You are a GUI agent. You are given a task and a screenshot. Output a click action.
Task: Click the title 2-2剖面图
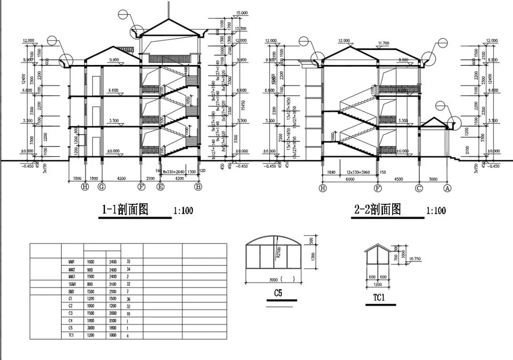[377, 209]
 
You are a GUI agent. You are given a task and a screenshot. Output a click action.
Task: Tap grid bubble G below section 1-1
[101, 187]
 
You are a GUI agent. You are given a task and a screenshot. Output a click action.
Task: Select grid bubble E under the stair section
[160, 187]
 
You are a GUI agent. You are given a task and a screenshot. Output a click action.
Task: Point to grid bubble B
[198, 187]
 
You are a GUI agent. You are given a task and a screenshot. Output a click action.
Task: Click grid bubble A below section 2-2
[448, 188]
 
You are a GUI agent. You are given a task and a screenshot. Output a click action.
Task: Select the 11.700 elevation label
[384, 43]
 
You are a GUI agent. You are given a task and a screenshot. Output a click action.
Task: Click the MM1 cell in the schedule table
[72, 262]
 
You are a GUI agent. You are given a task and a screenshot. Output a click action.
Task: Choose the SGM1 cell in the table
[72, 284]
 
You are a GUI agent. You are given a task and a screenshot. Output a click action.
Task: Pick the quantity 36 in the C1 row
[128, 299]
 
